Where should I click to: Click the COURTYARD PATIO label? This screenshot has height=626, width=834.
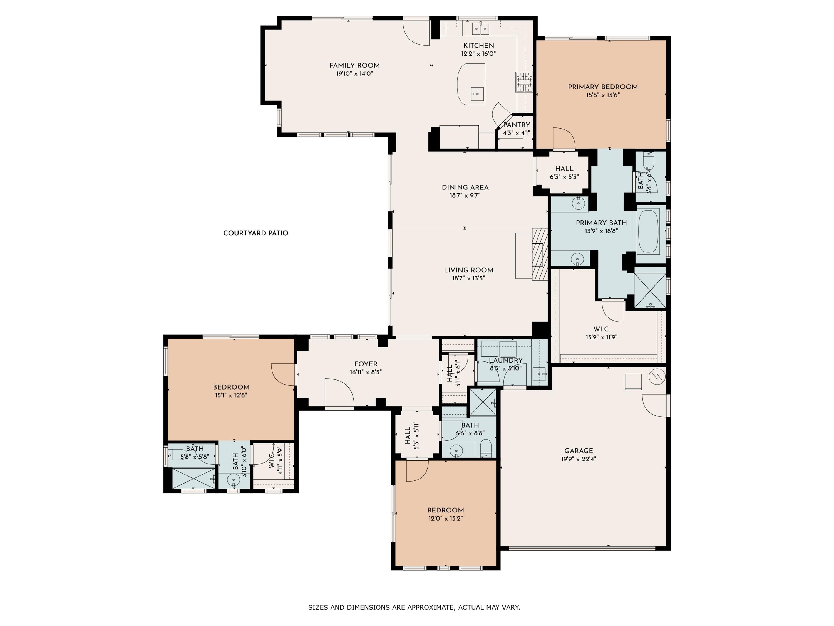pos(256,233)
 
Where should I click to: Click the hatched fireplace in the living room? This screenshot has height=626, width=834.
pos(540,254)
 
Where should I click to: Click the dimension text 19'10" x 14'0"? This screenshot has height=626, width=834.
pos(354,73)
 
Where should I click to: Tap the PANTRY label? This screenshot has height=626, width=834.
pos(517,125)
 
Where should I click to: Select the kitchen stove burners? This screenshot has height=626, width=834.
pos(525,82)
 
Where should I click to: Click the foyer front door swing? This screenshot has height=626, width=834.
pos(339,392)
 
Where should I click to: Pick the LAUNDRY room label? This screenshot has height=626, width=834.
pos(506,360)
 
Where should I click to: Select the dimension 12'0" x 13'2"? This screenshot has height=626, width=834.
pos(445,518)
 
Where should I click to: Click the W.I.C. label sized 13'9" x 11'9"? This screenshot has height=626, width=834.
pos(601,329)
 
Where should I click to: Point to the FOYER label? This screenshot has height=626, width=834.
pos(366,364)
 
